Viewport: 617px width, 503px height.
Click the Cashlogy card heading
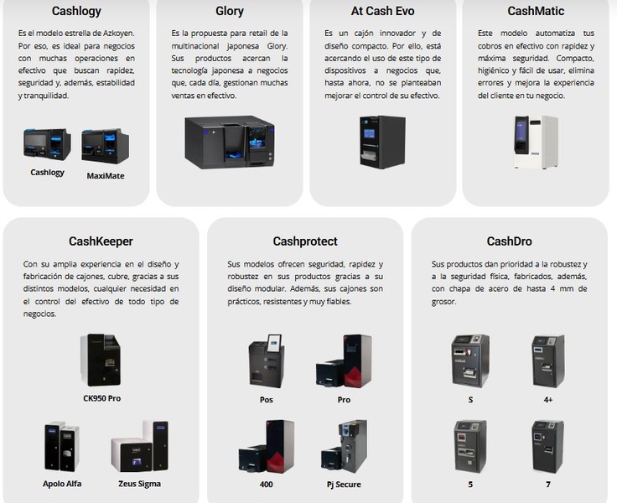click(x=76, y=12)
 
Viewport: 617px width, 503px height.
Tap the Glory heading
click(x=230, y=12)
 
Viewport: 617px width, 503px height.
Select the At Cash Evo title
click(x=382, y=12)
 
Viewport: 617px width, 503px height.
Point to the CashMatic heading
click(x=536, y=12)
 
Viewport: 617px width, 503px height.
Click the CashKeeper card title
click(x=101, y=241)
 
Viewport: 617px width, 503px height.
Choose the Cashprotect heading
click(x=305, y=241)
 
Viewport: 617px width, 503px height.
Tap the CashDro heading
click(x=509, y=241)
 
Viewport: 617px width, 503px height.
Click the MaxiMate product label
click(x=106, y=176)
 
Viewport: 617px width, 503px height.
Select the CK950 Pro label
click(x=101, y=398)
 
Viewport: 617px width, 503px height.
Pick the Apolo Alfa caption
click(x=64, y=484)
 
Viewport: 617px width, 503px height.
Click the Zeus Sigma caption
click(x=139, y=484)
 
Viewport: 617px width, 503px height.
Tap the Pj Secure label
click(x=343, y=485)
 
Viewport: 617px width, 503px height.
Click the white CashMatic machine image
click(x=536, y=142)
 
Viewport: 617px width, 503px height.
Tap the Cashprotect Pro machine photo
click(x=344, y=360)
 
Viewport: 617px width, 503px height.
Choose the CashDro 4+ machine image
click(x=547, y=360)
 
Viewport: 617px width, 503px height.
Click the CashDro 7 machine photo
click(x=547, y=446)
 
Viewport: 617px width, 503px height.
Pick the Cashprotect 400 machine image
click(x=267, y=446)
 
